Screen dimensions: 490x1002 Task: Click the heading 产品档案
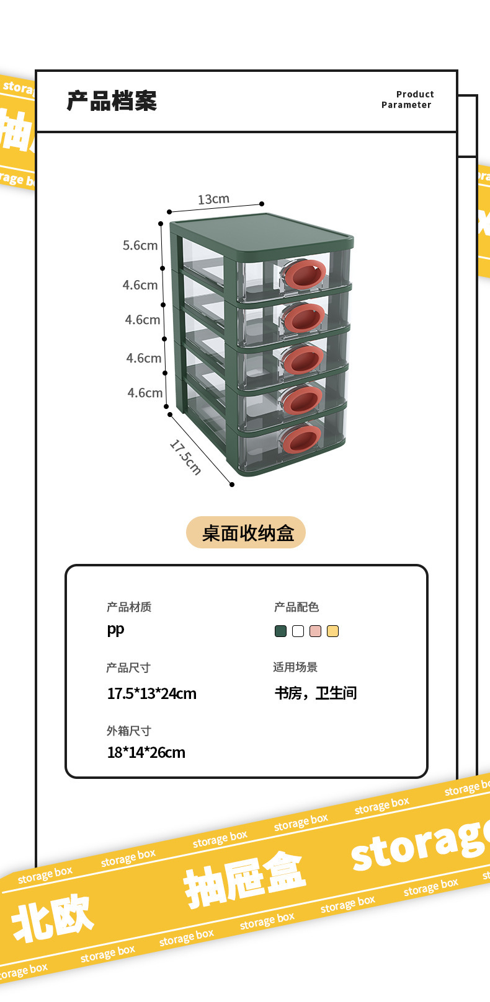pos(112,101)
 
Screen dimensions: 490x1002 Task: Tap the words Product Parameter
pos(408,100)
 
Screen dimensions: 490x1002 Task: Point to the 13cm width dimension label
pos(213,200)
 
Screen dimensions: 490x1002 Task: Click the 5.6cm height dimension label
pos(140,245)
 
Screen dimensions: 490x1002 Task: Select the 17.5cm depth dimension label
pos(185,457)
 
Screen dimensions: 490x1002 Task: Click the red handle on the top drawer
pos(305,275)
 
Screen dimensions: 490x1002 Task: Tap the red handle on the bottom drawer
pos(301,439)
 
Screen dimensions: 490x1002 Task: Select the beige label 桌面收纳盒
pos(246,533)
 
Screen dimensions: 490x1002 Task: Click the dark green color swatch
pos(280,631)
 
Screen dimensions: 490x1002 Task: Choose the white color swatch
pos(298,631)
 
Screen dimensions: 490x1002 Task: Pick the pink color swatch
pos(315,631)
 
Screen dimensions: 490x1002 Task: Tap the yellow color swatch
pos(332,631)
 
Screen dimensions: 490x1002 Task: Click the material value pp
pos(115,630)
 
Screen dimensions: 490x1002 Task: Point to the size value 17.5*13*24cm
pos(151,693)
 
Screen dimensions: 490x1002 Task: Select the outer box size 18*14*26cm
pos(146,753)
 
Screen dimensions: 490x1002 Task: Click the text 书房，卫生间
pos(316,693)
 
